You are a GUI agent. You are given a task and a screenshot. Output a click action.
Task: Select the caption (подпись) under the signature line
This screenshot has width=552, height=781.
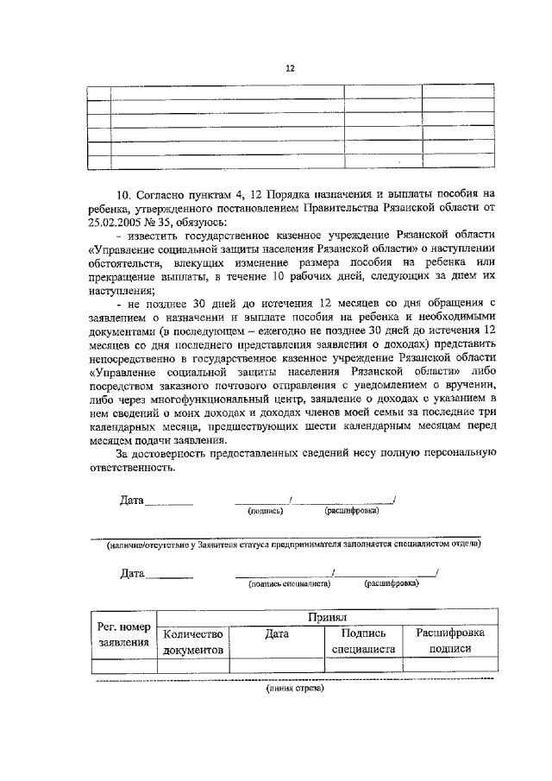(265, 511)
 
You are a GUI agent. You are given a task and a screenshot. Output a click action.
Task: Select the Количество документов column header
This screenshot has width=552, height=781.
(192, 642)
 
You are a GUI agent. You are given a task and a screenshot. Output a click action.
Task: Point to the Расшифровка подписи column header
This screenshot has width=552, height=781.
(449, 642)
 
